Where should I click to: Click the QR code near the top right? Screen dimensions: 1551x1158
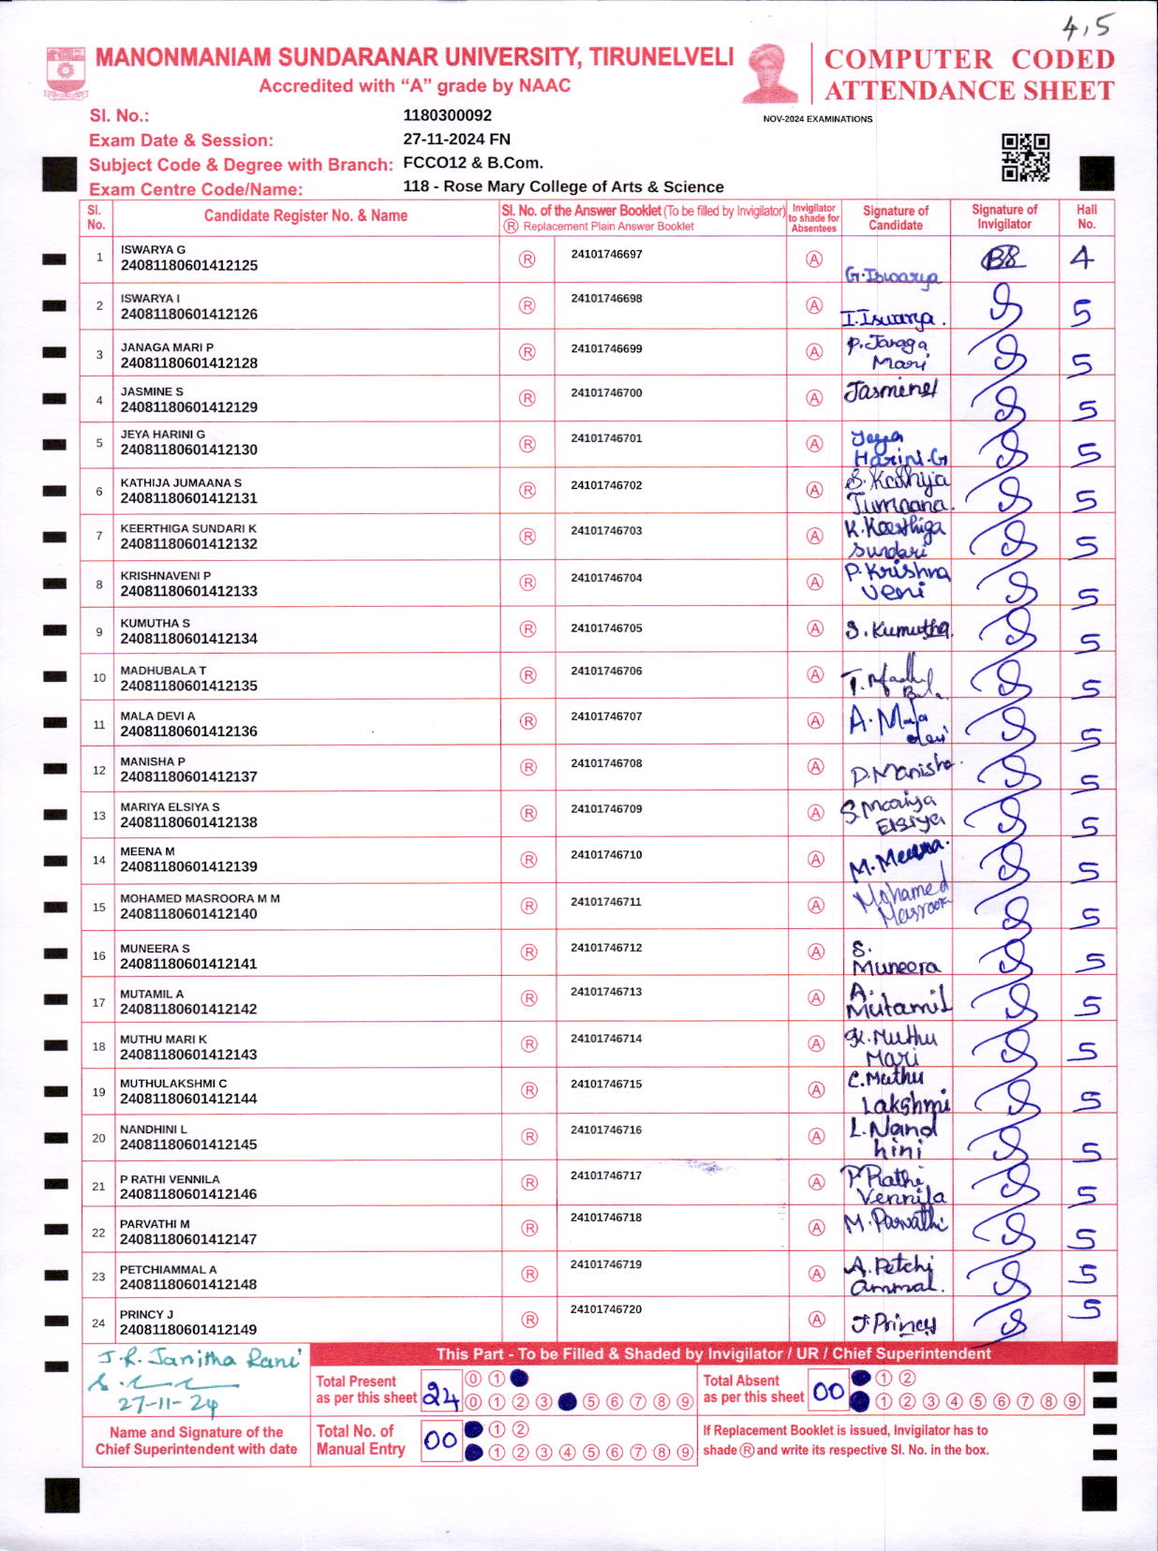pos(1025,157)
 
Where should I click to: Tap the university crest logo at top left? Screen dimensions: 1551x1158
pos(66,72)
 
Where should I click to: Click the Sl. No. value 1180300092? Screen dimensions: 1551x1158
pos(447,115)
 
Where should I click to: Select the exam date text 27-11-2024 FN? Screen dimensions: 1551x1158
pos(456,139)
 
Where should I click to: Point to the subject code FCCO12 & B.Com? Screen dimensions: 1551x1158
pos(473,162)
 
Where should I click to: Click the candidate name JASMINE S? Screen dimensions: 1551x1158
pos(152,391)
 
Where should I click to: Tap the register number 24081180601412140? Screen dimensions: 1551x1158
pos(188,913)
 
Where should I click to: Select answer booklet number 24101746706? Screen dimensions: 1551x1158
pos(606,671)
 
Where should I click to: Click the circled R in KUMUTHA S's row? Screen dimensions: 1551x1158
pos(527,628)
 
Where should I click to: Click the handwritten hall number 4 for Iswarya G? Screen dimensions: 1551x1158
pos(1082,258)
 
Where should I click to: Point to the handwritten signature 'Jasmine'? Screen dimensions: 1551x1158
pos(889,389)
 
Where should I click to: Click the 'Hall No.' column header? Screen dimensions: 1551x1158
pos(1086,216)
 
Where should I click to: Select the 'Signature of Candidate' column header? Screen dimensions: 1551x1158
pos(895,217)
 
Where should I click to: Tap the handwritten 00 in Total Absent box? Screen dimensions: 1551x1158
pos(828,1391)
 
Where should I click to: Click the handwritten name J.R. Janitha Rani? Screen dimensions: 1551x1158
pos(200,1358)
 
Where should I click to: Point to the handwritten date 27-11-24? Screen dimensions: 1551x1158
pos(169,1403)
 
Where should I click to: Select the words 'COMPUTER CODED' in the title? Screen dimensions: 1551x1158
pos(969,59)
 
